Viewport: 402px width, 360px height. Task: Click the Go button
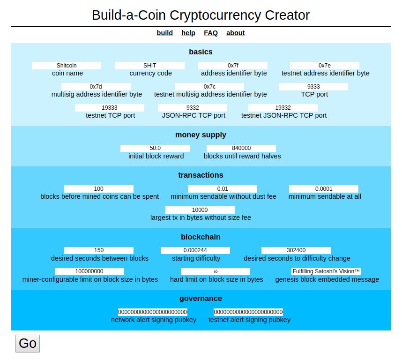[x=28, y=344]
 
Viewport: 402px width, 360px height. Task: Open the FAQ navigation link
[x=211, y=33]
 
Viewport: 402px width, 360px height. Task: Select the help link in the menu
[x=188, y=33]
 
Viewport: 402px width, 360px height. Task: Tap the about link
[x=235, y=33]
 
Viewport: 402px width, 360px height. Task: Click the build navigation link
[x=164, y=33]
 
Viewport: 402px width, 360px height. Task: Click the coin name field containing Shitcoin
[x=67, y=66]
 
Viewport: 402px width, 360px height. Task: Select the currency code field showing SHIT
[x=150, y=66]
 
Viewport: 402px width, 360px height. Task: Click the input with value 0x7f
[x=233, y=66]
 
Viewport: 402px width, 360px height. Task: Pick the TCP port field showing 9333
[x=313, y=87]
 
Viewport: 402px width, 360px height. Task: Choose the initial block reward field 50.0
[x=155, y=148]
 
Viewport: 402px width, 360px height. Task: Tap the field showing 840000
[x=241, y=148]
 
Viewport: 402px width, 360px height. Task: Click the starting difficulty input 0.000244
[x=195, y=250]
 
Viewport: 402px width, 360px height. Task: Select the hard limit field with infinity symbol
[x=216, y=271]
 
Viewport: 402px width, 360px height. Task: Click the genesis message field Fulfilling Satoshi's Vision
[x=326, y=271]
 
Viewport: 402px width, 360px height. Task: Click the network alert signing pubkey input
[x=153, y=312]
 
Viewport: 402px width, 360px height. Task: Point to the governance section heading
[x=201, y=299]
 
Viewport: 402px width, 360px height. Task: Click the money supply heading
[x=201, y=135]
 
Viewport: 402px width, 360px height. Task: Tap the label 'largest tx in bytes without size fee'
[x=201, y=217]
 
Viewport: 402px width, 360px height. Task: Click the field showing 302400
[x=296, y=250]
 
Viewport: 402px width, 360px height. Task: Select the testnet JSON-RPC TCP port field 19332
[x=283, y=108]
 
